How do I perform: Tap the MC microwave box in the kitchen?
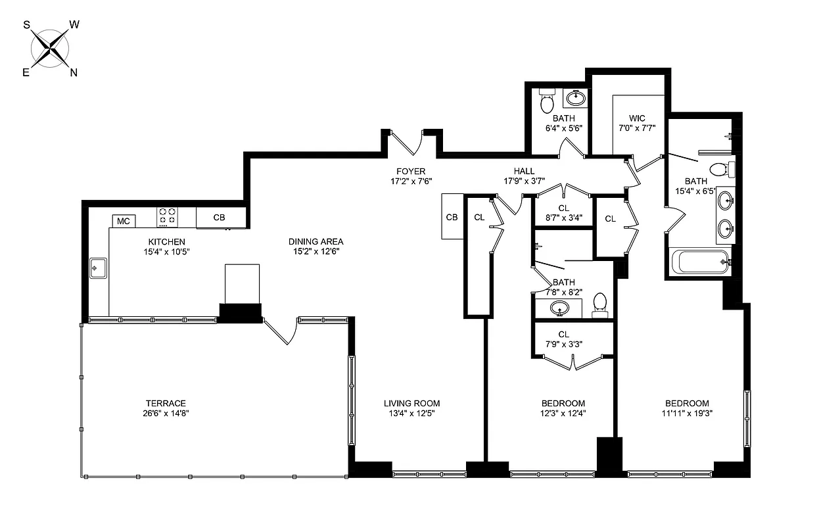click(x=124, y=222)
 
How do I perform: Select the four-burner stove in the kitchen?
click(x=167, y=216)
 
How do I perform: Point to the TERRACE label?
click(x=166, y=403)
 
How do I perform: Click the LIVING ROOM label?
click(x=411, y=403)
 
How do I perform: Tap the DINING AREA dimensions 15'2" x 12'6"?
click(x=318, y=251)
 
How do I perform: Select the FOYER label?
click(x=410, y=172)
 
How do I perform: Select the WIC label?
click(x=636, y=118)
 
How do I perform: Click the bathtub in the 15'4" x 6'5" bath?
click(x=697, y=261)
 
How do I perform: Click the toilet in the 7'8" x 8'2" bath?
click(x=599, y=304)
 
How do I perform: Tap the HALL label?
click(x=524, y=172)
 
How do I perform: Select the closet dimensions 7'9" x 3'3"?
click(x=563, y=343)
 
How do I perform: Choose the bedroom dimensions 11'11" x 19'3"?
click(x=687, y=414)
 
